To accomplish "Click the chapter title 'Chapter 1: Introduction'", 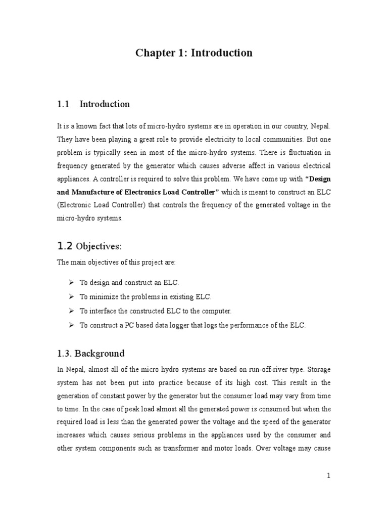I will pos(194,53).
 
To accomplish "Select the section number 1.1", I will pos(63,104).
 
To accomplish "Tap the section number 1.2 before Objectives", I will pos(65,246).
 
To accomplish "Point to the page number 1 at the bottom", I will pos(328,476).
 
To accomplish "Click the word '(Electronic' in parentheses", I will pos(74,205).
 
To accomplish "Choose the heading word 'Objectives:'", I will pos(99,246).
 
